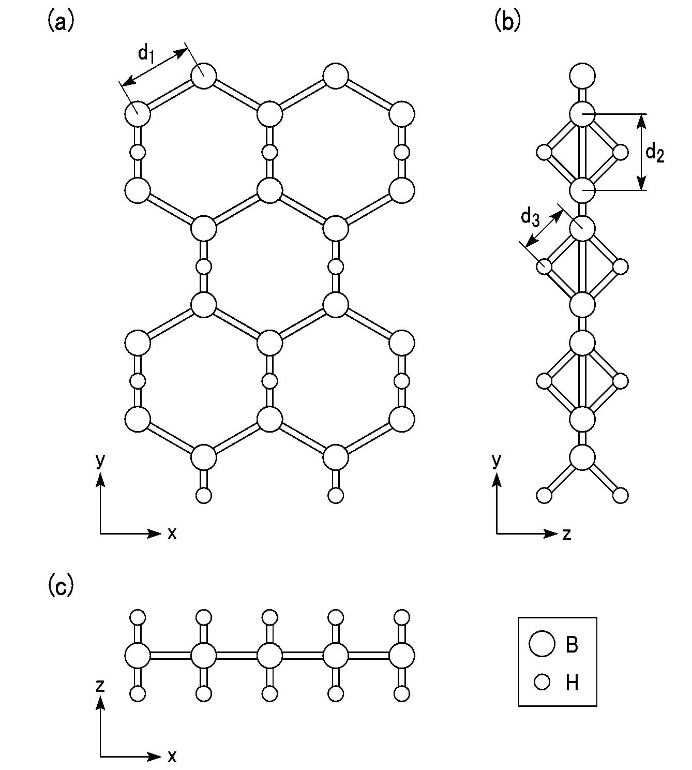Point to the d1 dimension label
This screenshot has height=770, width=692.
[x=146, y=54]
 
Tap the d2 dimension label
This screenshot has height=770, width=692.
[x=655, y=153]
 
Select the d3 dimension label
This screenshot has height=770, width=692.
[x=530, y=218]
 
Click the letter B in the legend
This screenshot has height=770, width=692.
[x=572, y=644]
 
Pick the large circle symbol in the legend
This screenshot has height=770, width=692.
[x=541, y=644]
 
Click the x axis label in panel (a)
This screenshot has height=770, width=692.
[x=172, y=534]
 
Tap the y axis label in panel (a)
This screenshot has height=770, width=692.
[x=100, y=462]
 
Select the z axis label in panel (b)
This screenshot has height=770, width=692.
[x=566, y=535]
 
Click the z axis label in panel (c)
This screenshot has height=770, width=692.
[x=100, y=686]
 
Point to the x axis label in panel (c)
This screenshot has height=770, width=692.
[x=172, y=756]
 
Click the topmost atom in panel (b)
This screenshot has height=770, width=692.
[x=582, y=76]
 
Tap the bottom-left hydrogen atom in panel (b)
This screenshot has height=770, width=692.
[x=544, y=495]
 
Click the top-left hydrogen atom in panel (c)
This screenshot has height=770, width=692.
[x=138, y=617]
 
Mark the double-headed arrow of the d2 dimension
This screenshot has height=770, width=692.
[x=641, y=152]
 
